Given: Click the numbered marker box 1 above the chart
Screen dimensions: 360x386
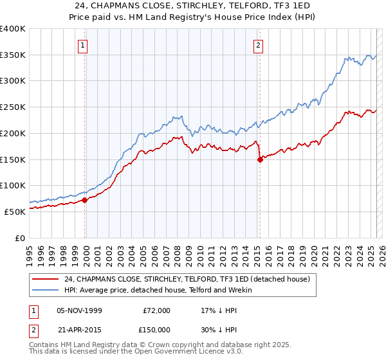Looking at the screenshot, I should tap(84, 45).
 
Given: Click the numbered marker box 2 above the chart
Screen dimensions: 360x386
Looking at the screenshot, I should tap(258, 45).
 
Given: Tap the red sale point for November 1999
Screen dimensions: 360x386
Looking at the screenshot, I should tap(84, 200).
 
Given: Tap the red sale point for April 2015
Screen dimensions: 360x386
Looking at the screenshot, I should tap(260, 160).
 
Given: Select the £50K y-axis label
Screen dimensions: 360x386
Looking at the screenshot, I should tap(15, 212).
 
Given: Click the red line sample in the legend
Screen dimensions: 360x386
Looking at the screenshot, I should tap(46, 280).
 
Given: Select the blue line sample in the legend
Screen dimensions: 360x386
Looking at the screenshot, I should tap(46, 290).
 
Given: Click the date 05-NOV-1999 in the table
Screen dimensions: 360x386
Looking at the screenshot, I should tap(79, 310).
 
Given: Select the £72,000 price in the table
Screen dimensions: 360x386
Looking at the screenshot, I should tap(156, 310).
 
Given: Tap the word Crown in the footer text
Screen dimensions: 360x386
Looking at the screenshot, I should tap(152, 345).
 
